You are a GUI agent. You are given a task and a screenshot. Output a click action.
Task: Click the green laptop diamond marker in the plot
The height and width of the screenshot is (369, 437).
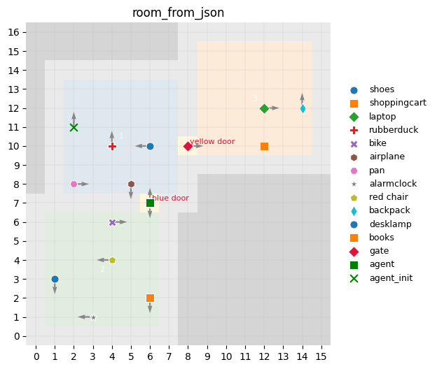pos(264,108)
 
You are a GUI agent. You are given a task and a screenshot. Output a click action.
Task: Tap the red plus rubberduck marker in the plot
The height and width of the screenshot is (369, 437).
pos(112,146)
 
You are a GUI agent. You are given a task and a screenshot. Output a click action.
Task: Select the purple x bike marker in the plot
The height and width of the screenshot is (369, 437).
pos(112,222)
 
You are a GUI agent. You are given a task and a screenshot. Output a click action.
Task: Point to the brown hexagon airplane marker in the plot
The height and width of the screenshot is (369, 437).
pos(131,184)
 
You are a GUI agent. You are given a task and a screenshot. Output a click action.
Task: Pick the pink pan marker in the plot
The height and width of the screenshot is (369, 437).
pos(74,184)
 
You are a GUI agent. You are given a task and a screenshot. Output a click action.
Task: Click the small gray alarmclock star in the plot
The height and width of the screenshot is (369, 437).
pos(93,317)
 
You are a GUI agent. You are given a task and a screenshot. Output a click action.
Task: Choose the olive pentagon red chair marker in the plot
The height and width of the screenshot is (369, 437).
pos(112,260)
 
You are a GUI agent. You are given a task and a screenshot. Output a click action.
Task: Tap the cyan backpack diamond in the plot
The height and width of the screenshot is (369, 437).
pos(303,108)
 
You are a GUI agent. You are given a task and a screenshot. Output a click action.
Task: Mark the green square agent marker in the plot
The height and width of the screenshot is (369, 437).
pos(150,203)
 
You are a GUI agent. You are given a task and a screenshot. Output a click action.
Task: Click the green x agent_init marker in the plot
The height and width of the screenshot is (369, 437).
pos(74,127)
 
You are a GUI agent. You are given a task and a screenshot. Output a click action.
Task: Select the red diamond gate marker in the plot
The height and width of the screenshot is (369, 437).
pos(188,146)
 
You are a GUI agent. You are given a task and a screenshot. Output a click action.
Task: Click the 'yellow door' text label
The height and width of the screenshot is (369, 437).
pos(212,142)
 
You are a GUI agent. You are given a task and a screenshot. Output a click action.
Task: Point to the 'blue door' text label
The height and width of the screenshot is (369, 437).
pos(170,198)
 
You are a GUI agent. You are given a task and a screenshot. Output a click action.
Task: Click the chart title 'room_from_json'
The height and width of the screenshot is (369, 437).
pos(178,13)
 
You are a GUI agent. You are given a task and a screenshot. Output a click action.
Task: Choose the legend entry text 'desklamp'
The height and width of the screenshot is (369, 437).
pos(390,224)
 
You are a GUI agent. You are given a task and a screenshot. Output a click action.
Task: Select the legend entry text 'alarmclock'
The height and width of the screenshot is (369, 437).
pos(393,184)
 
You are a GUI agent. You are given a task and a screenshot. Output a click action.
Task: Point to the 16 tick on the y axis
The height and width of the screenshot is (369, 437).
pos(13,32)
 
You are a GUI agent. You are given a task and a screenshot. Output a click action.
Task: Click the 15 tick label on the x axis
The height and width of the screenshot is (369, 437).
pos(321,357)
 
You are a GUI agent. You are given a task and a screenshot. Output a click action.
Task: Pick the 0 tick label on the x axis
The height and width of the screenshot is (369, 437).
pos(36,357)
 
